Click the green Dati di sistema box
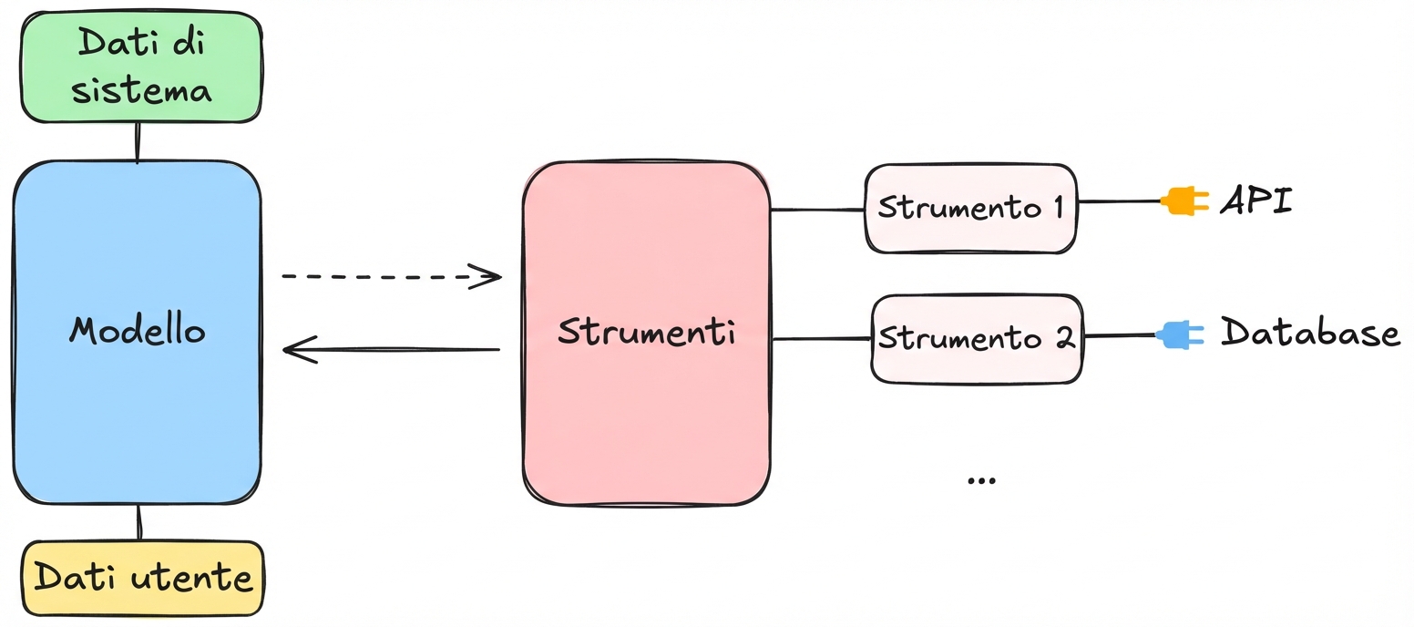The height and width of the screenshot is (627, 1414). click(x=141, y=67)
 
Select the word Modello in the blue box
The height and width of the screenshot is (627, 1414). click(x=138, y=330)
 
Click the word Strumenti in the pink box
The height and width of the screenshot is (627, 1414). click(x=647, y=332)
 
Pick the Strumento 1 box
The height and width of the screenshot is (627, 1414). click(x=969, y=207)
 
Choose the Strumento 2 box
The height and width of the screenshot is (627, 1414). click(x=977, y=338)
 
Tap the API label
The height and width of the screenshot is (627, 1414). click(x=1256, y=200)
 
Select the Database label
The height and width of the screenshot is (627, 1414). click(x=1310, y=333)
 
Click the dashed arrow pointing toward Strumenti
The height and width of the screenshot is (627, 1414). click(x=392, y=274)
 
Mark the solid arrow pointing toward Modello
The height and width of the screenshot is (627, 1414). click(x=392, y=349)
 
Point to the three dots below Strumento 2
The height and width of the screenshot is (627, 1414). click(x=980, y=480)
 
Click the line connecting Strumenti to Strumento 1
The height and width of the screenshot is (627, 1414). click(x=817, y=210)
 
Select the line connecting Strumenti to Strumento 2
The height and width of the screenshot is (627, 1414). click(x=822, y=339)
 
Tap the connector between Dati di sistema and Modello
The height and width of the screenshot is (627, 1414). click(x=138, y=142)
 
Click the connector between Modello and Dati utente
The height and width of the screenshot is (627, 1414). click(x=139, y=522)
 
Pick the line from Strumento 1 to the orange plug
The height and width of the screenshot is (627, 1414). click(x=1119, y=201)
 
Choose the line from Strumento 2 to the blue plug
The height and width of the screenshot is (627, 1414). click(x=1120, y=335)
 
